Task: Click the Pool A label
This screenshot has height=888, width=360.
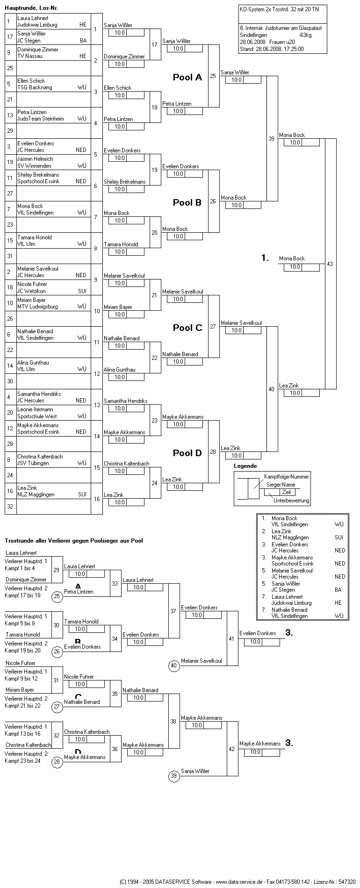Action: (x=187, y=78)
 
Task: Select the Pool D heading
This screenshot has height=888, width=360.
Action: (x=187, y=453)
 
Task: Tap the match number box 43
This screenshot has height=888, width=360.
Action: (x=330, y=264)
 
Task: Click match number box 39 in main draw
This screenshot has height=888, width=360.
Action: (x=272, y=139)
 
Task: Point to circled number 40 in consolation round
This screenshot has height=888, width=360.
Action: (x=174, y=666)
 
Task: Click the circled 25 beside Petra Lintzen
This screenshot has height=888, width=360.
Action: (x=57, y=596)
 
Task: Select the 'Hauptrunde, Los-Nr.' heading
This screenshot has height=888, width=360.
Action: (x=31, y=8)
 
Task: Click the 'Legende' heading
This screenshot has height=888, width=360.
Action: (x=245, y=466)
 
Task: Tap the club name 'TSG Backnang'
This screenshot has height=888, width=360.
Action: (x=35, y=87)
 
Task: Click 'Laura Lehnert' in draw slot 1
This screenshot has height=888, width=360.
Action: (x=33, y=18)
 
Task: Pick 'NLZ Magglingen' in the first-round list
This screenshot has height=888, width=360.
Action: (x=36, y=494)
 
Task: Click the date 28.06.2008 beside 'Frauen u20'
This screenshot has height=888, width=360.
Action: (x=252, y=42)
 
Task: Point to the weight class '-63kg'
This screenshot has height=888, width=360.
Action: (x=306, y=35)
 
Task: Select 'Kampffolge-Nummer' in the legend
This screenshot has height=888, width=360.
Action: (x=286, y=476)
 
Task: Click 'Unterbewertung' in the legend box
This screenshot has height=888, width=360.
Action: (x=291, y=501)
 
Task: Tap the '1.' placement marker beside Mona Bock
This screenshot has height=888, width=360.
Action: (x=265, y=258)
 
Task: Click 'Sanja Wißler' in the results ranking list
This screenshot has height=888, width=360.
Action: (x=286, y=584)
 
